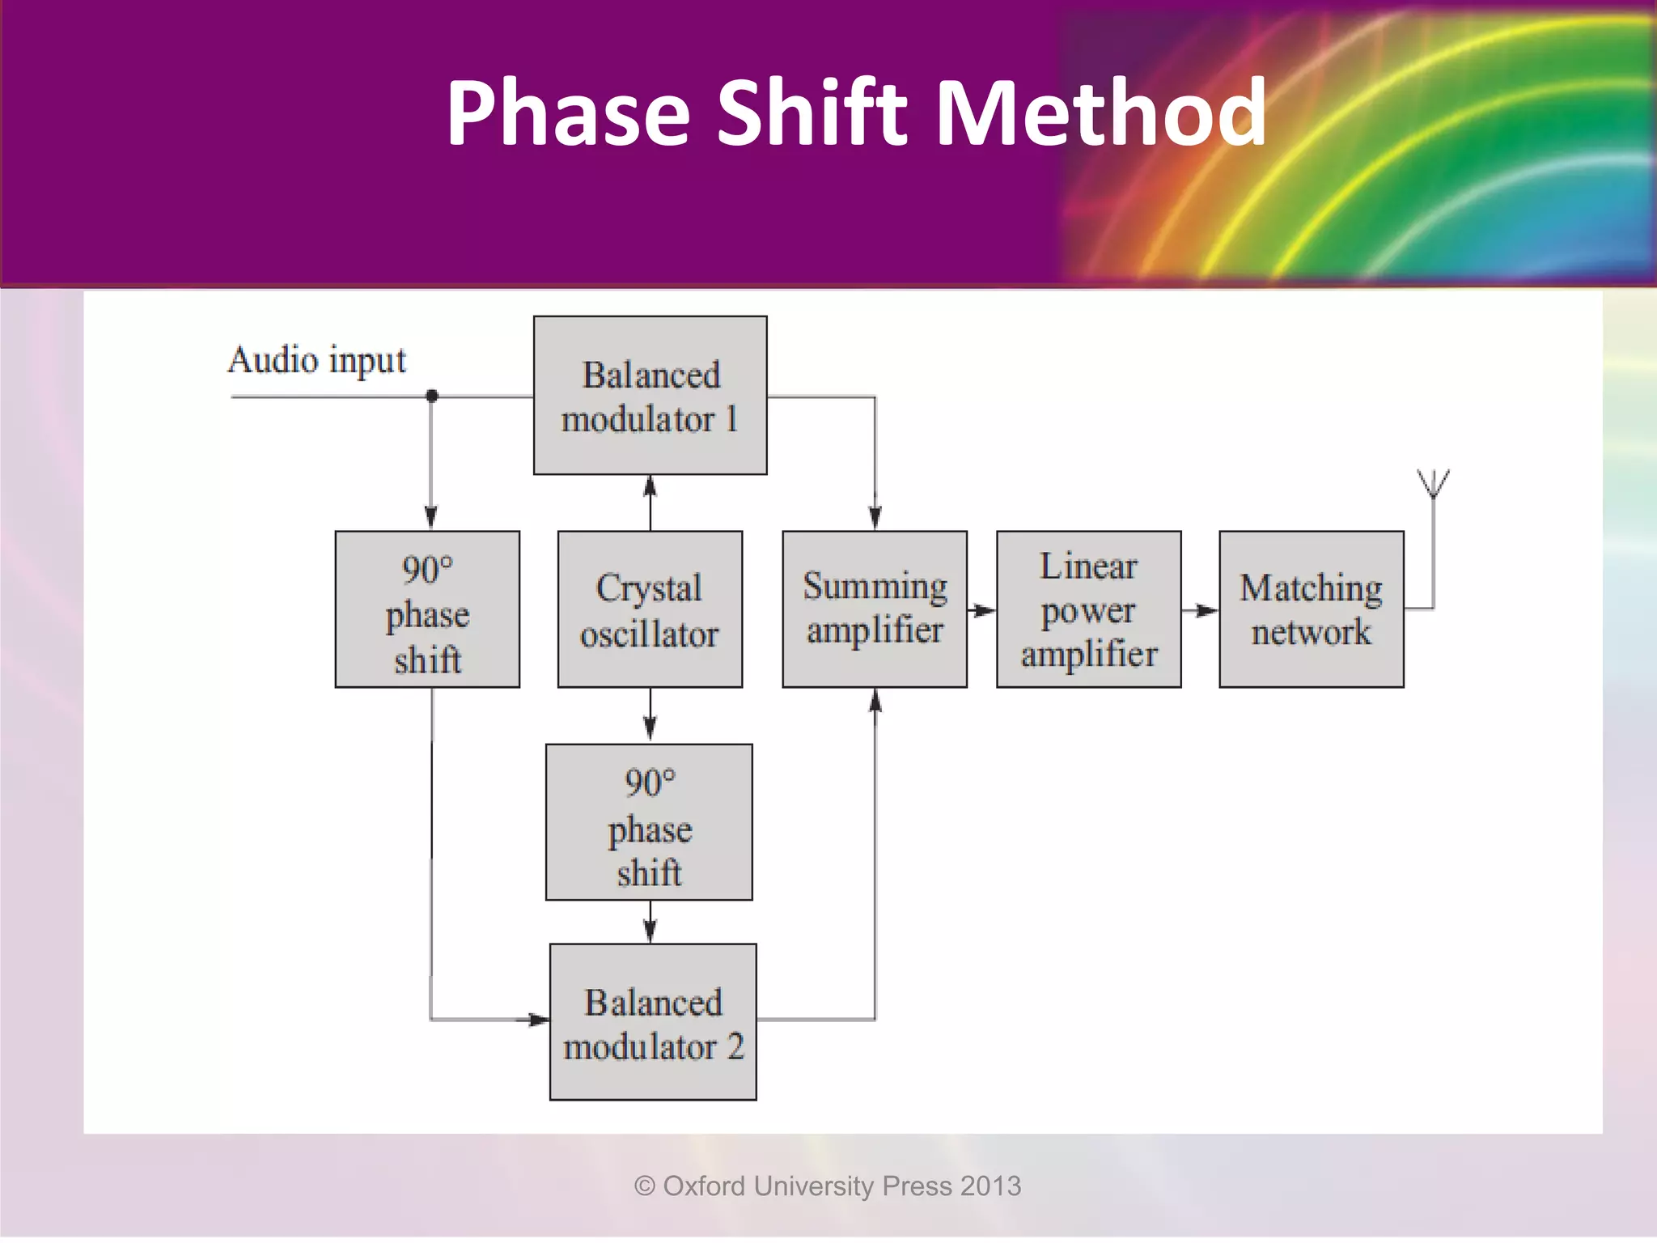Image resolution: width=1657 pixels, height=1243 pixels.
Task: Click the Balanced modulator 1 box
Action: (x=650, y=395)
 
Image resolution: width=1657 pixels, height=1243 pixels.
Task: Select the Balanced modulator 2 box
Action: (x=652, y=1021)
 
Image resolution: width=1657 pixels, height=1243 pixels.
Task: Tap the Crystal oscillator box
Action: (x=650, y=609)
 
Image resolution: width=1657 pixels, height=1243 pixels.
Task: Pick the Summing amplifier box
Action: (x=875, y=609)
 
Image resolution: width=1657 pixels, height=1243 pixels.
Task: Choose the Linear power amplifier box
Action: (x=1088, y=609)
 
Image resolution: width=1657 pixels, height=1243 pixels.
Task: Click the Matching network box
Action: (x=1311, y=609)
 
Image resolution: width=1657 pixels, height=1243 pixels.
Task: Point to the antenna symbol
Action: (x=1433, y=484)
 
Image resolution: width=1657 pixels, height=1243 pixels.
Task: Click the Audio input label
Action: (x=316, y=360)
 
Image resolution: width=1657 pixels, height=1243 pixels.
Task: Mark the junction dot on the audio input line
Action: (x=432, y=396)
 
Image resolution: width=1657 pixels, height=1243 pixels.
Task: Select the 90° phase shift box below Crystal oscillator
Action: (x=649, y=822)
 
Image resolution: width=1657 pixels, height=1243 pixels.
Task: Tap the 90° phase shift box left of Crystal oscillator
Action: (x=427, y=609)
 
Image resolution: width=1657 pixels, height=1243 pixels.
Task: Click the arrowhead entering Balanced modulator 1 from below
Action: (x=650, y=487)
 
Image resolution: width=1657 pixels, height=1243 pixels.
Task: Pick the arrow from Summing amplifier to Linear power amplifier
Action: (x=982, y=610)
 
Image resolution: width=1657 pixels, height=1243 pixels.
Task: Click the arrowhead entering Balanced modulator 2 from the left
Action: (x=536, y=1020)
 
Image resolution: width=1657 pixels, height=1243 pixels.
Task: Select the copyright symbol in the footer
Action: (x=645, y=1186)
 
